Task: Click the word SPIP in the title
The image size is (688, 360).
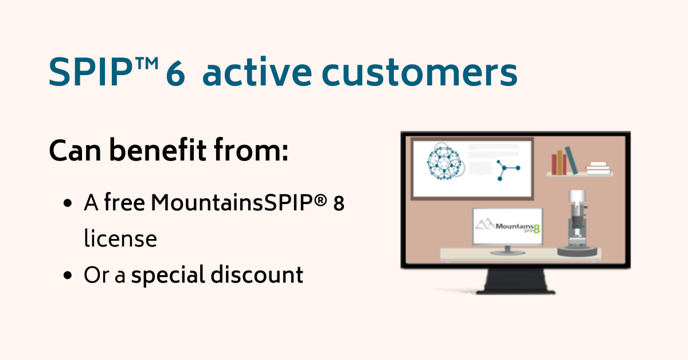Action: pos(91,72)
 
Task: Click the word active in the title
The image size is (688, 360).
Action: pos(257,72)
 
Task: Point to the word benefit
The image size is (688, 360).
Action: pos(158,150)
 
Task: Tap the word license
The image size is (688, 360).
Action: pos(120,238)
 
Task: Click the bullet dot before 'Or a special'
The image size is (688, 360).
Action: pos(67,275)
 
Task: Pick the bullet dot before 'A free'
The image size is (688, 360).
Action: pos(67,204)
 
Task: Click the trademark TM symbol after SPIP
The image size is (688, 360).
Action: pos(147,63)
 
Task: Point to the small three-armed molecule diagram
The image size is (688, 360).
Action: pos(507,170)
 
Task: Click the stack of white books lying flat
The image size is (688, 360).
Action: pos(598,169)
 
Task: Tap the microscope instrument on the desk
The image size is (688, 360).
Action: pos(577,224)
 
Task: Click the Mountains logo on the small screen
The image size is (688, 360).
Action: pos(508,226)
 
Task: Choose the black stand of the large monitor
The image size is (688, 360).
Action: pos(515,281)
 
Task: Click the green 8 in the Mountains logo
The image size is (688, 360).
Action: pos(537,229)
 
